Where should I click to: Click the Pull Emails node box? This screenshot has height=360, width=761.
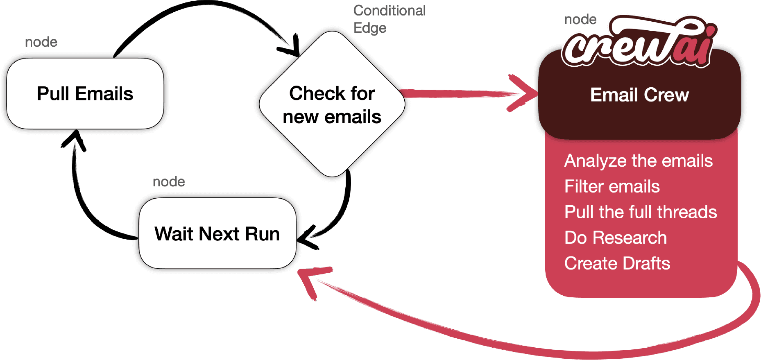coord(85,93)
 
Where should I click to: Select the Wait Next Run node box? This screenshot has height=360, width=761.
coord(217,233)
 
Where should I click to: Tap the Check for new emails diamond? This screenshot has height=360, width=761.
coord(332,104)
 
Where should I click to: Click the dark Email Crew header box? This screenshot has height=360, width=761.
coord(639,95)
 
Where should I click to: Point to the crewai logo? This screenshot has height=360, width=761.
coord(639,41)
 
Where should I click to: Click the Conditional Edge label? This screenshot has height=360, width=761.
coord(389,19)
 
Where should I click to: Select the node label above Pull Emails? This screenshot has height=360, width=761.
coord(41,42)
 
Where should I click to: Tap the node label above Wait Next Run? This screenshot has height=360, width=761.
coord(169,181)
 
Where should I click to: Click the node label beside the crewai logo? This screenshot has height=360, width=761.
coord(580,19)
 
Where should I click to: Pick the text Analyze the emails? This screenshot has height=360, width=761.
coord(639,161)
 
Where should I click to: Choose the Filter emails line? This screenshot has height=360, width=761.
coord(612,186)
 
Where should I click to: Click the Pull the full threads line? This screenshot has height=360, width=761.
coord(641,212)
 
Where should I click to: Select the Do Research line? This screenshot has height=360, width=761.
coord(616,238)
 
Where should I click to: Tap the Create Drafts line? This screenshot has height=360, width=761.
coord(617,263)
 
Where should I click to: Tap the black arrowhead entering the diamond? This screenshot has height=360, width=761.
coord(290,46)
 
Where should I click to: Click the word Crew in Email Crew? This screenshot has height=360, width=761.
coord(666,95)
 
